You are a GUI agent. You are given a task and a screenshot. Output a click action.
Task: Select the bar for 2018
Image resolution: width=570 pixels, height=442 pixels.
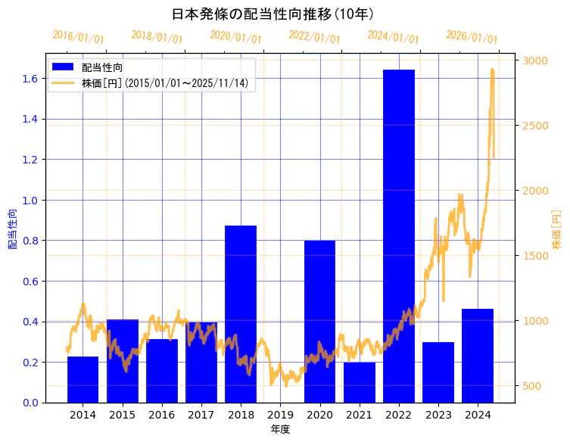click(241, 314)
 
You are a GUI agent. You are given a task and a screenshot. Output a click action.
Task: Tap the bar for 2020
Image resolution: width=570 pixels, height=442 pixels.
click(319, 322)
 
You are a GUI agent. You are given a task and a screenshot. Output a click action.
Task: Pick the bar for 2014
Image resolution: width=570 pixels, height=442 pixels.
click(83, 379)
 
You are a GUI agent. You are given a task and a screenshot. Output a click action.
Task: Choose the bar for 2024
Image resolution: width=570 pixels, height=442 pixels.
click(478, 356)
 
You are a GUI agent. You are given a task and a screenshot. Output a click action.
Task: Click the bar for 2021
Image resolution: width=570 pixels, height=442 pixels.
click(359, 382)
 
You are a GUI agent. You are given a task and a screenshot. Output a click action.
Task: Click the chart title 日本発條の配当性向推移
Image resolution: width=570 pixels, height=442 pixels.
click(273, 14)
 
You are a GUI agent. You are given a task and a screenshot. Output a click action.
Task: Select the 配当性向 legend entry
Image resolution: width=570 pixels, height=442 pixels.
click(102, 67)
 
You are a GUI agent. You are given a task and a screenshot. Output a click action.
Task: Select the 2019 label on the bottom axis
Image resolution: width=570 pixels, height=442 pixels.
click(280, 415)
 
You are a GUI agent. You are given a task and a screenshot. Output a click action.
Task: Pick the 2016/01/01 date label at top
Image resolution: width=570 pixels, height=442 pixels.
click(78, 37)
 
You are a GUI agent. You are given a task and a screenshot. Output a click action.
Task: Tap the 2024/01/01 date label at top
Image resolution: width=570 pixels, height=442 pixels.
click(393, 37)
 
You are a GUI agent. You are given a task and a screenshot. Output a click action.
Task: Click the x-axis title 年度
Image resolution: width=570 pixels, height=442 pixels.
click(280, 429)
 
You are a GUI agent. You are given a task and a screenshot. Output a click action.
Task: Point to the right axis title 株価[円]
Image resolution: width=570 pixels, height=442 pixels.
click(556, 231)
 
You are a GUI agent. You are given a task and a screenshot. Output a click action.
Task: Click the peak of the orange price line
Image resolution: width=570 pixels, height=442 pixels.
click(492, 70)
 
